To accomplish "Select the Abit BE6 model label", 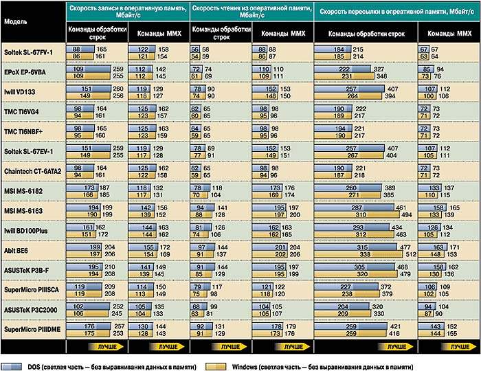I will pos(16,251).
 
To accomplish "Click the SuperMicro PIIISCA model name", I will pos(32,290).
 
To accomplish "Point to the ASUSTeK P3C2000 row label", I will pos(30,310).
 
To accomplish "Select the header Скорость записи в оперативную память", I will pos(127,10).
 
